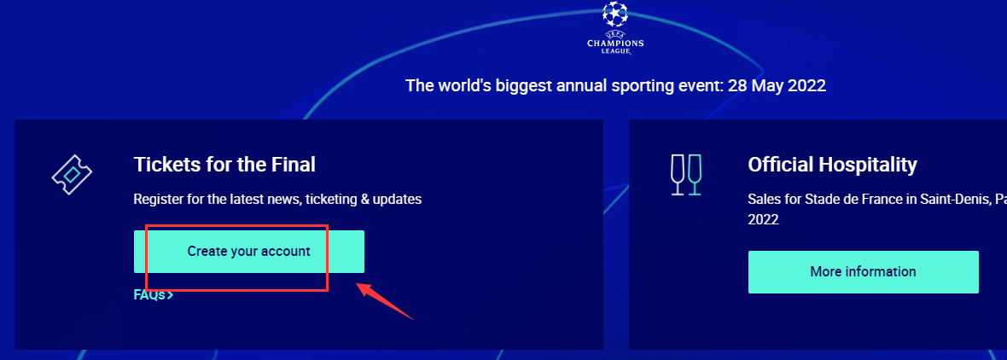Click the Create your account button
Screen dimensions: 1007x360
[248, 252]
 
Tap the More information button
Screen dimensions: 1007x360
[863, 272]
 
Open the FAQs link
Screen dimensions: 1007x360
[154, 295]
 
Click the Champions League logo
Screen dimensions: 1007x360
[615, 28]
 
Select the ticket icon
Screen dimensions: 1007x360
[72, 174]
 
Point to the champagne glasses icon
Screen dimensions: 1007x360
[686, 175]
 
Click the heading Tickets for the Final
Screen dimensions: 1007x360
[224, 165]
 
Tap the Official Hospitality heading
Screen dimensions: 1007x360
[832, 165]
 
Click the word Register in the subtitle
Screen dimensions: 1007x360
[156, 200]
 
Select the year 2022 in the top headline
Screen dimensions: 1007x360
[809, 86]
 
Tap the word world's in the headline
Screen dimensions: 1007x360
[458, 86]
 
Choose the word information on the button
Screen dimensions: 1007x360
[881, 272]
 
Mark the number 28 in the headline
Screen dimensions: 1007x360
[736, 86]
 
